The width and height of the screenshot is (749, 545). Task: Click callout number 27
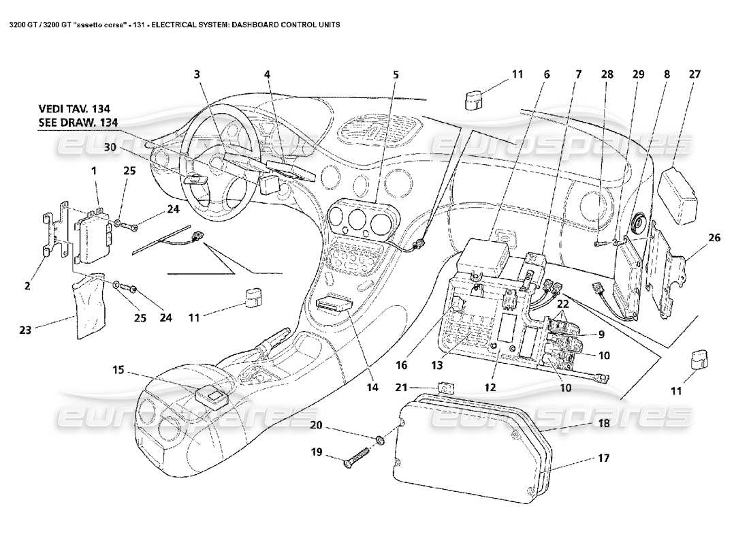(694, 74)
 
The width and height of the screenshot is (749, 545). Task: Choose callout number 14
(372, 388)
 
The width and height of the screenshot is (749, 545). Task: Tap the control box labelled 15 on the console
(212, 394)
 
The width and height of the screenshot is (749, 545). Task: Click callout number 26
(714, 238)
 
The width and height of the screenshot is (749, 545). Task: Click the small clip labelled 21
(445, 388)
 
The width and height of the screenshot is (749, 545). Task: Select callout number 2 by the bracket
(27, 286)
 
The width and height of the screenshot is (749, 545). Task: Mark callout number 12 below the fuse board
(490, 387)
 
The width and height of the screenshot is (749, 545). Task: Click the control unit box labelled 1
(93, 236)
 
